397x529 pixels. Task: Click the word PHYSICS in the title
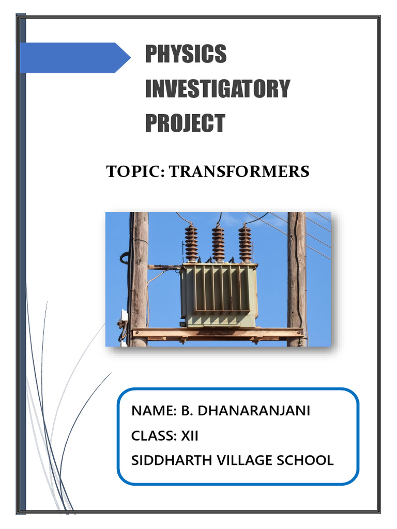tap(186, 54)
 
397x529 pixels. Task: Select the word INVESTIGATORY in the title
tap(217, 89)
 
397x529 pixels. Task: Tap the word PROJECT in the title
tap(185, 123)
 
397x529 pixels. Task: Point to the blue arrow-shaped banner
tap(78, 57)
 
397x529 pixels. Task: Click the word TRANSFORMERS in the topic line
tap(239, 172)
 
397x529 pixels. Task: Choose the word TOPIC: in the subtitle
tap(135, 172)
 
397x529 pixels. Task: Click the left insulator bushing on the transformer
tap(192, 243)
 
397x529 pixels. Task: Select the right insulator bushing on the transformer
tap(245, 243)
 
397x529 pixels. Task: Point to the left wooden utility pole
tap(139, 279)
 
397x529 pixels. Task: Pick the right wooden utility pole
tap(297, 279)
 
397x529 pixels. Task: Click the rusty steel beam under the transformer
tap(217, 333)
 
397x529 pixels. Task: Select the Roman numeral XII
tap(190, 436)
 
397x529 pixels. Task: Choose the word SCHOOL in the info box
tap(300, 460)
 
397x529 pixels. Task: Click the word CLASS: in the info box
tap(154, 436)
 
